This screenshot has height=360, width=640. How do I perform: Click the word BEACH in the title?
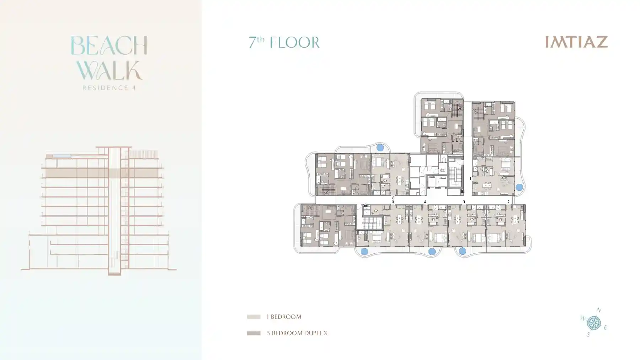[109, 45]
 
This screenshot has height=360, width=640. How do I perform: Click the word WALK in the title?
[109, 71]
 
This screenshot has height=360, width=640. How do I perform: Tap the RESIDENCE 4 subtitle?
[109, 88]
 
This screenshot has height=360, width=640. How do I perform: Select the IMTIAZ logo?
[576, 42]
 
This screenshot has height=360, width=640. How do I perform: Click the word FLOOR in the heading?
[294, 43]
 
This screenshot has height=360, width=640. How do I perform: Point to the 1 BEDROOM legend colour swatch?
[254, 317]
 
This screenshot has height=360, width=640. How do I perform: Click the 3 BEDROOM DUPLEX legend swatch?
[254, 333]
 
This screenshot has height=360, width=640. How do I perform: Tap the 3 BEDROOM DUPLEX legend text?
[297, 333]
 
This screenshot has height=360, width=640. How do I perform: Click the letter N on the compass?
[599, 310]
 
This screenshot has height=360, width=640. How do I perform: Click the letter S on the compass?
[588, 334]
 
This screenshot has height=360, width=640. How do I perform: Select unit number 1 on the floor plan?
[470, 179]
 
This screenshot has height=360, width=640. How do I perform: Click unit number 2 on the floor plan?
[508, 202]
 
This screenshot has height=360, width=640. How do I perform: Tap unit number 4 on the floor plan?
[425, 202]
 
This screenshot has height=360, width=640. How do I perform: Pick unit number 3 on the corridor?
[464, 202]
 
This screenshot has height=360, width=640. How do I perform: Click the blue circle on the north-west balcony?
[380, 147]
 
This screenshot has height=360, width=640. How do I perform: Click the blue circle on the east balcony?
[519, 187]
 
